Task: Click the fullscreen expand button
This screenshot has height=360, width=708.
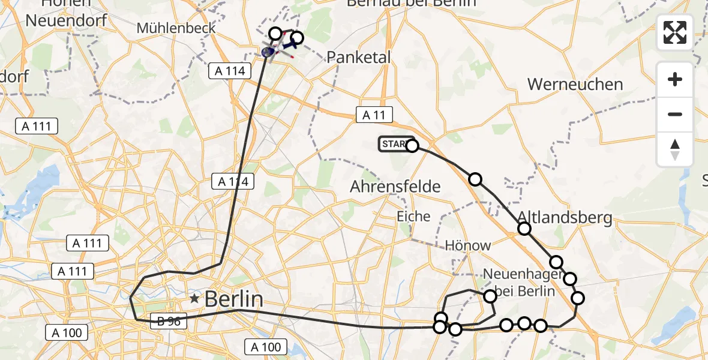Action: click(x=675, y=32)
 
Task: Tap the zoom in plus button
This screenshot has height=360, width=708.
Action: click(x=675, y=80)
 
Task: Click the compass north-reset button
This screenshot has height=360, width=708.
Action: click(x=675, y=149)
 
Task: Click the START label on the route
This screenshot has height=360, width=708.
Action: click(x=393, y=144)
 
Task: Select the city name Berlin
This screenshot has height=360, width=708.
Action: click(x=234, y=298)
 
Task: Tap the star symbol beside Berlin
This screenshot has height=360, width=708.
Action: click(x=194, y=298)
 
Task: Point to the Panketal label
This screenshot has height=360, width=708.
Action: click(x=359, y=57)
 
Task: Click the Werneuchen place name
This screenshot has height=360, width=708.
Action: click(x=575, y=84)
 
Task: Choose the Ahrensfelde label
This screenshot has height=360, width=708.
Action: click(x=395, y=187)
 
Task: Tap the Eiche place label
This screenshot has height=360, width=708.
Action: click(x=413, y=216)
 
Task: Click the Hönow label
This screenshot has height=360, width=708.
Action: click(x=467, y=245)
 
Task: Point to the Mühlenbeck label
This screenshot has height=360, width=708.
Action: click(x=167, y=28)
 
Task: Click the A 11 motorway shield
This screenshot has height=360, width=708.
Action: click(x=374, y=115)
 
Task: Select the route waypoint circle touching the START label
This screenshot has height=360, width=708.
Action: click(x=412, y=145)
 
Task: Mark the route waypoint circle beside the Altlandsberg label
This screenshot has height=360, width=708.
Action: click(x=524, y=229)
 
